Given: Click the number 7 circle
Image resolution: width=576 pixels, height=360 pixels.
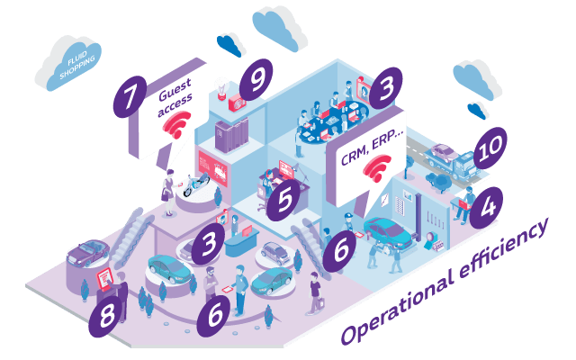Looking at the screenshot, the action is tap(130, 97).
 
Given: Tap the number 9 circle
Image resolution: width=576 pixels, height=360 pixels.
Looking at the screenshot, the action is tap(256, 80).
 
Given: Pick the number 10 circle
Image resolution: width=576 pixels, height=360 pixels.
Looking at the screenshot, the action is tap(490, 148).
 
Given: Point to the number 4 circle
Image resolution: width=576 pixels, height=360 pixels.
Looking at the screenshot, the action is tap(486, 208).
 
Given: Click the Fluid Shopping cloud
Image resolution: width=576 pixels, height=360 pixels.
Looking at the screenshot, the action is tap(69, 63).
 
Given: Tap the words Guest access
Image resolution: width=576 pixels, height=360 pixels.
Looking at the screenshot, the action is tap(175, 96).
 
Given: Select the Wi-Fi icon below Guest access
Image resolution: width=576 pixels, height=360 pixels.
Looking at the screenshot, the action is tap(177, 124).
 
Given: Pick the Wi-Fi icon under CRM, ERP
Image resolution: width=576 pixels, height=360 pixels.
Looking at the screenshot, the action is tap(377, 168).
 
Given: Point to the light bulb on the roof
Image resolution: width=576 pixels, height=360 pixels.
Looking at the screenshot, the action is tap(222, 89).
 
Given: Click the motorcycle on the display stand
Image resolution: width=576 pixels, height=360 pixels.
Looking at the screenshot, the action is tap(196, 184).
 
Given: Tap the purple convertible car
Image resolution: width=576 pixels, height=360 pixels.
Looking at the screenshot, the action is tap(88, 253).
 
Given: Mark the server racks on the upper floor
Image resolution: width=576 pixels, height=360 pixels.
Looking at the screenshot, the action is tap(231, 135).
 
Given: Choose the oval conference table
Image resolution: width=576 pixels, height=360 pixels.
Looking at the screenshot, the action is tap(332, 121).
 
